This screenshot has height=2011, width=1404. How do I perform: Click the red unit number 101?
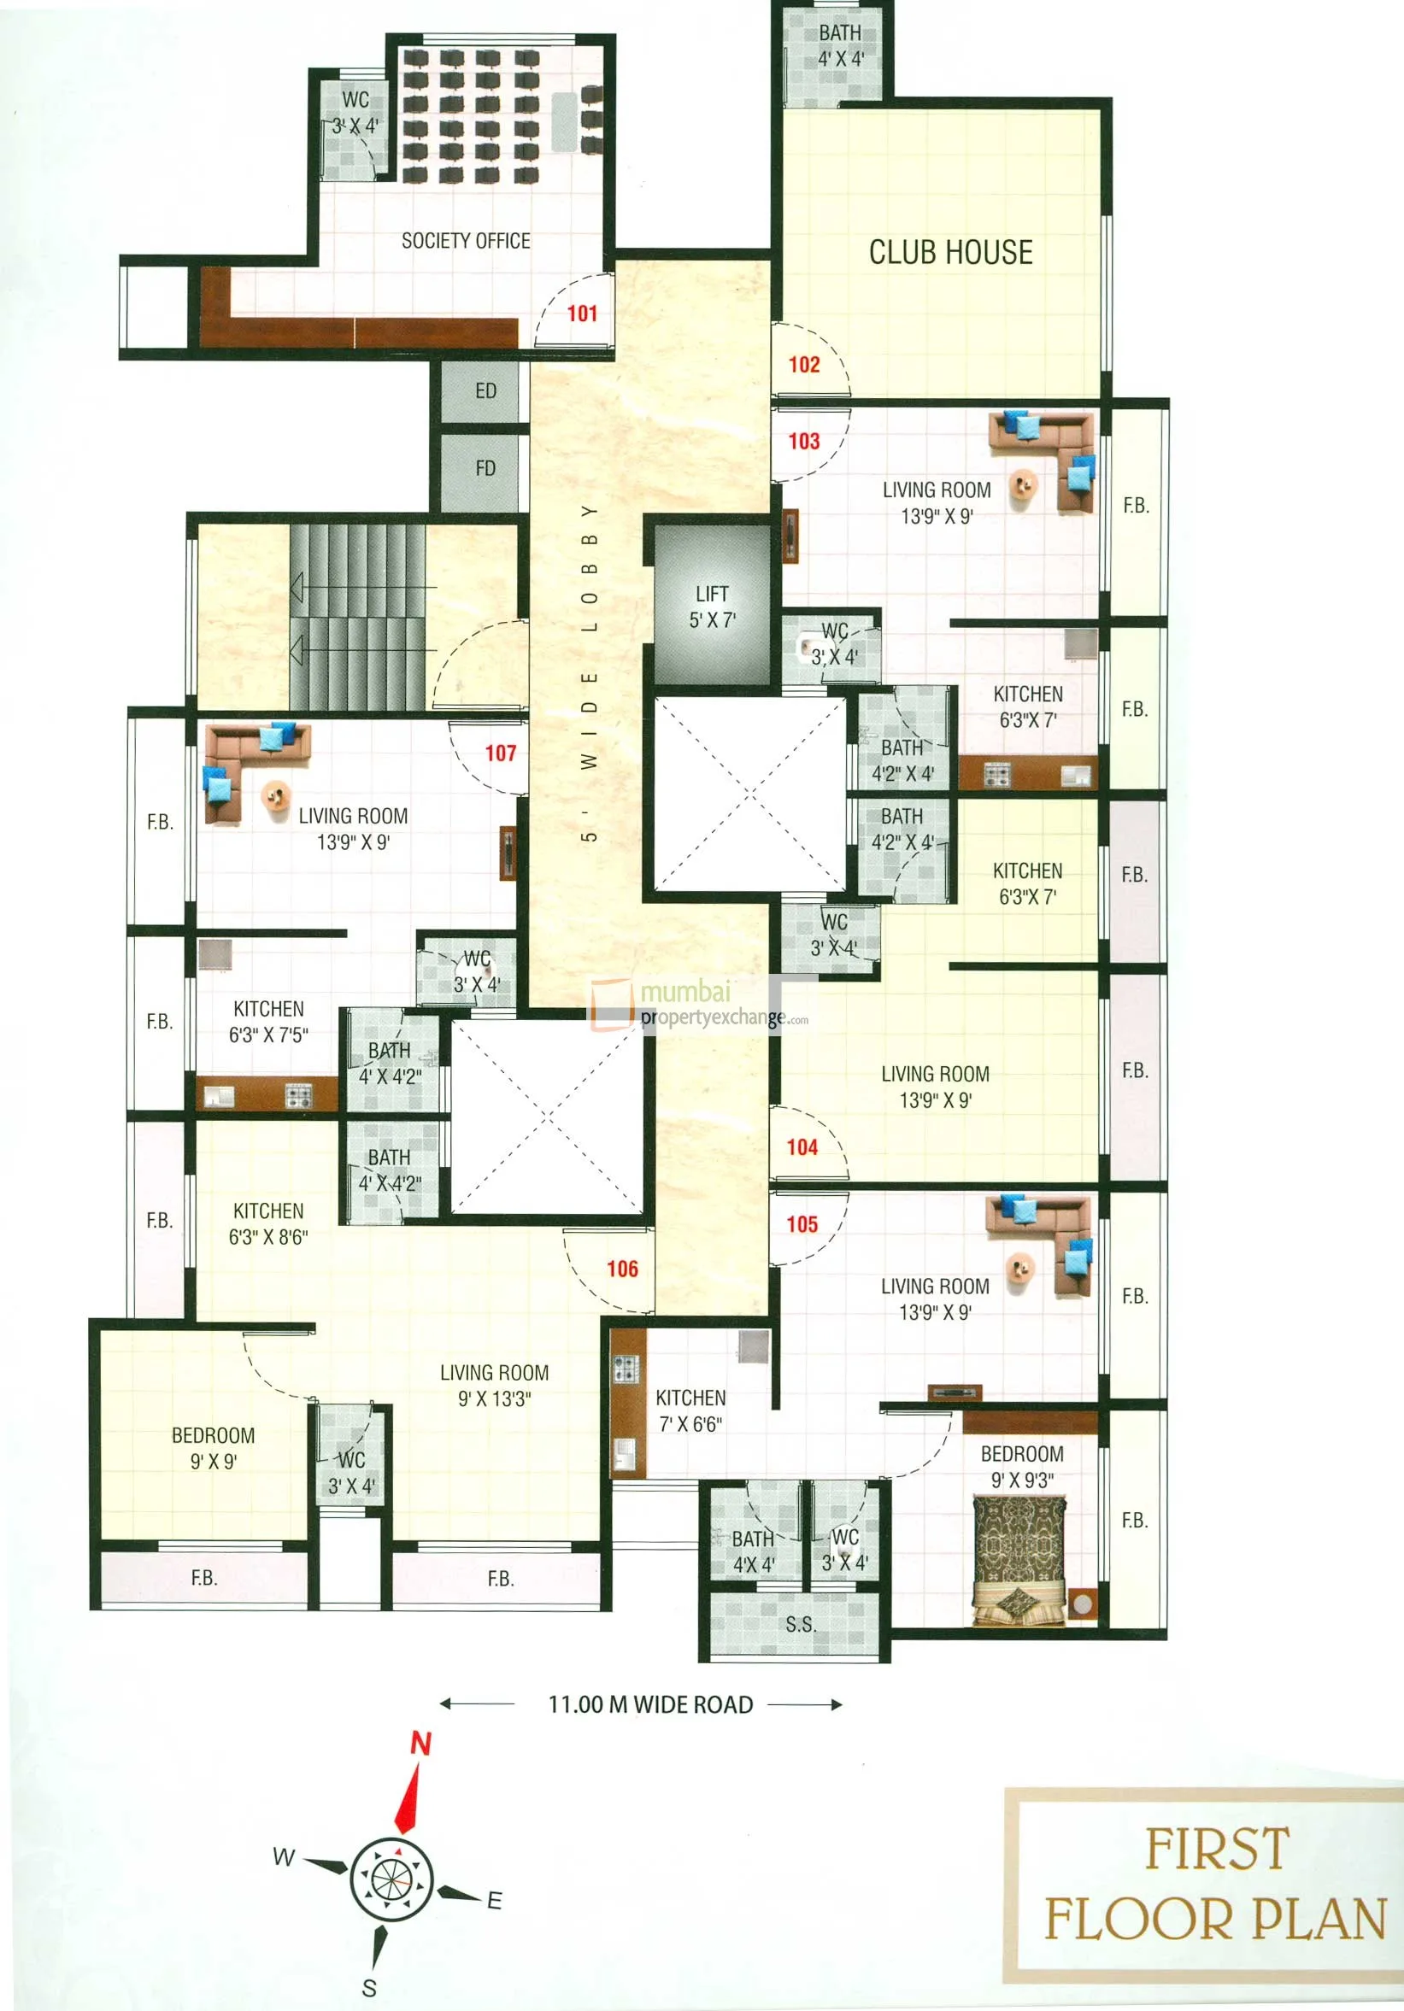582,314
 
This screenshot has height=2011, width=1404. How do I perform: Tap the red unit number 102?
803,365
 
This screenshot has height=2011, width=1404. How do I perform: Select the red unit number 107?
500,753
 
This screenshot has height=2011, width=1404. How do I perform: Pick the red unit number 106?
622,1269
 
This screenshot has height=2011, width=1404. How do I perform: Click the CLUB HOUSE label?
950,252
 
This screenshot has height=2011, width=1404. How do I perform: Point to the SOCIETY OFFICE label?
465,241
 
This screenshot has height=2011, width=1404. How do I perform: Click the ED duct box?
485,391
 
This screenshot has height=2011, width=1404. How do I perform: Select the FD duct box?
485,469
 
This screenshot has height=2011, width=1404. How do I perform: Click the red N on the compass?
421,1744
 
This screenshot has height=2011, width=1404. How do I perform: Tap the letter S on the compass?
370,1987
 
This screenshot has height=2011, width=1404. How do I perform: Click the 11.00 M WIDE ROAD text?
650,1704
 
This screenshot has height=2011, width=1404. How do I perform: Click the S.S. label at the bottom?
801,1625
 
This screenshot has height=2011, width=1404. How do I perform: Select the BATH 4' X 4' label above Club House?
840,45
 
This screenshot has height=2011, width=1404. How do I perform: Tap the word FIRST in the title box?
1217,1849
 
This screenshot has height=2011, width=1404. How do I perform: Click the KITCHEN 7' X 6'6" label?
690,1410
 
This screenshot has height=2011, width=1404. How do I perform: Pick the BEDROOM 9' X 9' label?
213,1448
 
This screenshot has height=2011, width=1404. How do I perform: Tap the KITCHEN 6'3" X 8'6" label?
268,1223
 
